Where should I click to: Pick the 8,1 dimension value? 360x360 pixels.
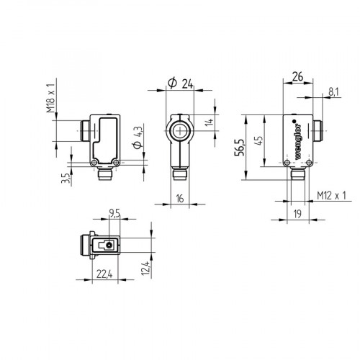click(333, 91)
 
